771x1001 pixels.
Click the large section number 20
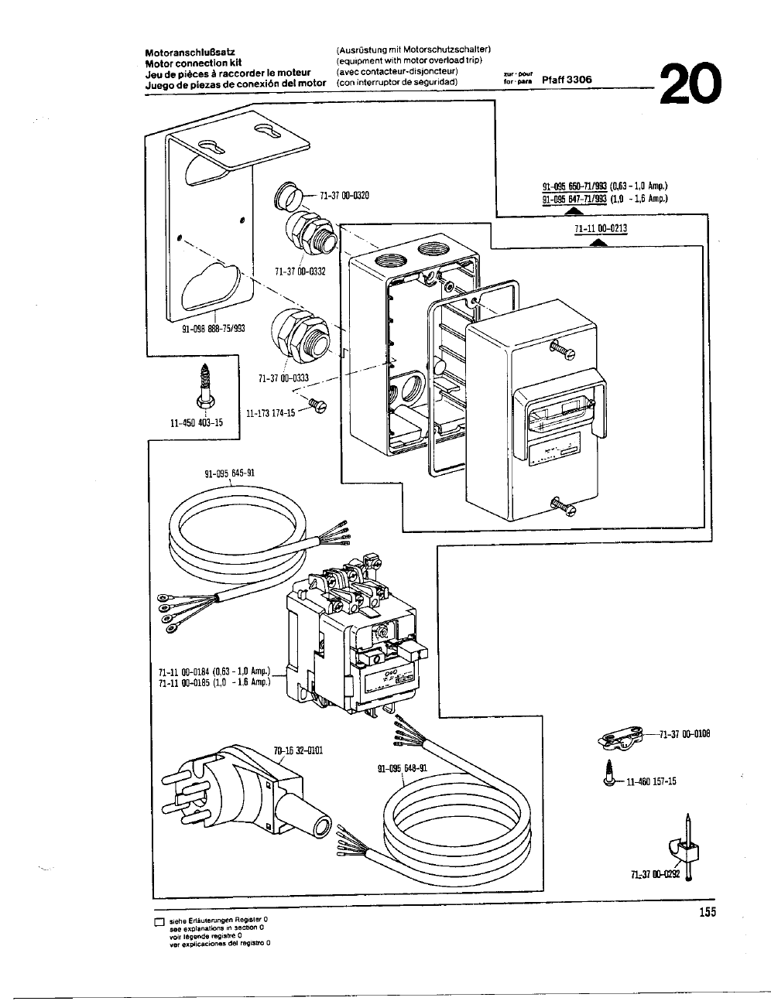tap(691, 84)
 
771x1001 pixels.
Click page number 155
tap(706, 912)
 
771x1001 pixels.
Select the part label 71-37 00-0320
tap(344, 195)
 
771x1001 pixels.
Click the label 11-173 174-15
tap(270, 413)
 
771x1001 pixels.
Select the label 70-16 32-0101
tap(293, 750)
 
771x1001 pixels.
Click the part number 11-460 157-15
tap(651, 781)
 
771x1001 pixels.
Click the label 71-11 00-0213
tap(601, 228)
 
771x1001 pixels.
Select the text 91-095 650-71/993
tap(574, 186)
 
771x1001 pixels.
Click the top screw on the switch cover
tap(563, 350)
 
